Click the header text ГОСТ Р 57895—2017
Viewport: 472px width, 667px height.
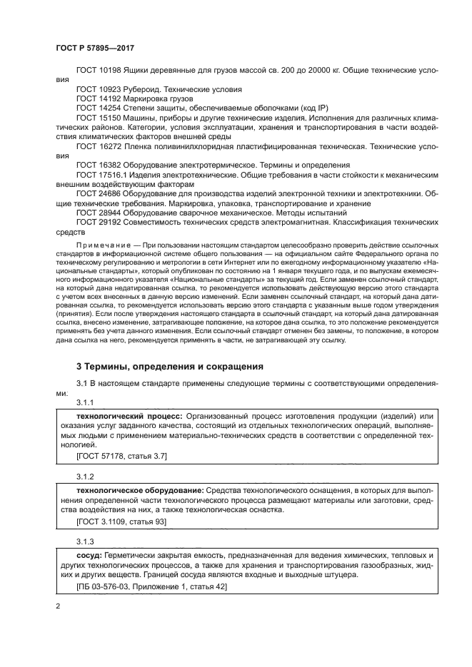click(x=95, y=48)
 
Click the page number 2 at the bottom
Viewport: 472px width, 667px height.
click(x=58, y=606)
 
